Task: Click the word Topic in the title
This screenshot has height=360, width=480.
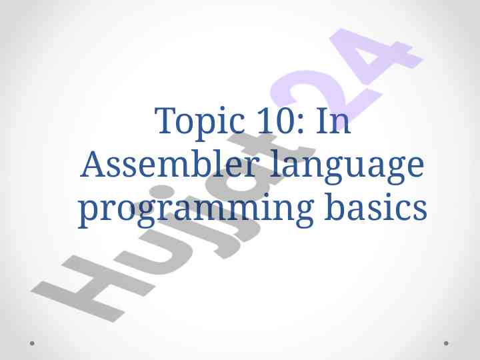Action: (x=200, y=123)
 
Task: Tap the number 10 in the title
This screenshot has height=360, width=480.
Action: (x=275, y=120)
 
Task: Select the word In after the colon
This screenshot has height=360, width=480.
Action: (x=333, y=121)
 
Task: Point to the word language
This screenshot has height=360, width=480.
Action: (x=347, y=167)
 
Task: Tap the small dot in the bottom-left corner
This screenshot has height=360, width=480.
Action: (x=32, y=343)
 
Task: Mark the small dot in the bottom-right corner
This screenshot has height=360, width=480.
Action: (x=446, y=343)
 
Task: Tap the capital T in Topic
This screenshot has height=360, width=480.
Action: (x=166, y=121)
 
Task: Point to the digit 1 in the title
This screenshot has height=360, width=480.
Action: (x=264, y=121)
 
